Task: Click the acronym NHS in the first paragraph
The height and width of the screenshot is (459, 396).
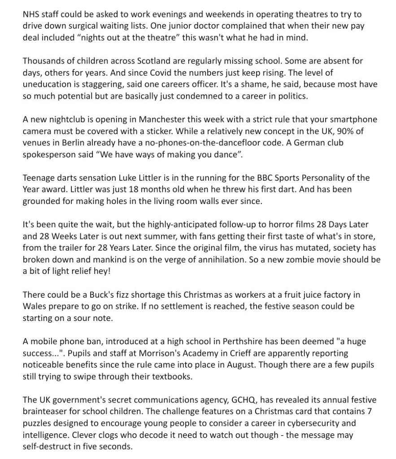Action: (31, 14)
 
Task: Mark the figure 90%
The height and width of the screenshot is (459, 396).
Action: (348, 131)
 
